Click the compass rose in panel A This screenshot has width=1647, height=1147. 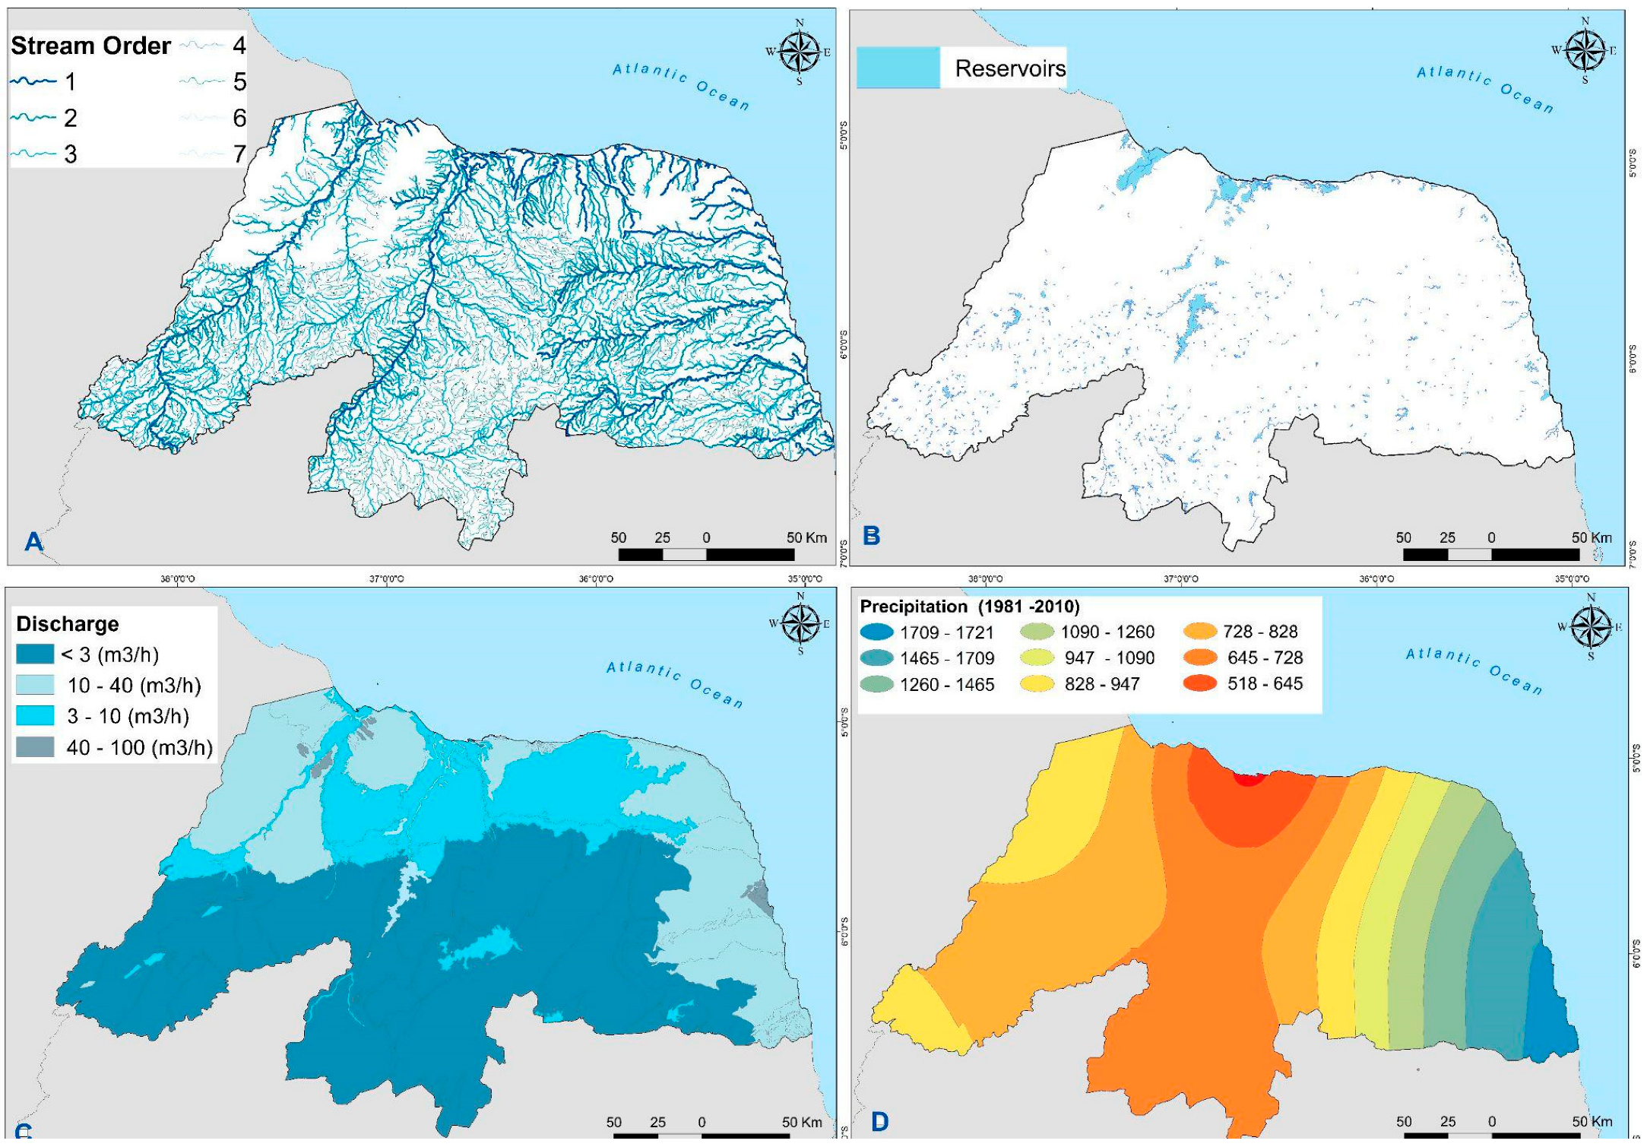pyautogui.click(x=800, y=52)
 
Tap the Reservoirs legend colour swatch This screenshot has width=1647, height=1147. pyautogui.click(x=898, y=68)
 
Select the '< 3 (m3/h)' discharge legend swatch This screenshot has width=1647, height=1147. pyautogui.click(x=35, y=654)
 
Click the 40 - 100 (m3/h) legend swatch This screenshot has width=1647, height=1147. pyautogui.click(x=35, y=747)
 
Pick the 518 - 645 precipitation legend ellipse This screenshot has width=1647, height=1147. pyautogui.click(x=1201, y=683)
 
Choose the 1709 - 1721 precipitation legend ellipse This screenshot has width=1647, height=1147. pyautogui.click(x=876, y=632)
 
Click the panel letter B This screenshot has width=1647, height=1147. pyautogui.click(x=872, y=536)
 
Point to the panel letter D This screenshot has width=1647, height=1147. pyautogui.click(x=879, y=1122)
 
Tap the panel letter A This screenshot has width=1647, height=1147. pyautogui.click(x=33, y=541)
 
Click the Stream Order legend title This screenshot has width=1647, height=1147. pyautogui.click(x=90, y=46)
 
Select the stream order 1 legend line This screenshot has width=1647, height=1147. pyautogui.click(x=33, y=81)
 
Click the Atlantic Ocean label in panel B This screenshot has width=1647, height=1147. pyautogui.click(x=1484, y=88)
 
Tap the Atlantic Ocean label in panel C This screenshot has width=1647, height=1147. pyautogui.click(x=674, y=683)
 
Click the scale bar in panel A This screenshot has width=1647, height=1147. pyautogui.click(x=706, y=554)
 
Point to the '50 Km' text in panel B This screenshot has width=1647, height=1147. pyautogui.click(x=1592, y=537)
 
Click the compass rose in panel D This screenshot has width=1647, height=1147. pyautogui.click(x=1591, y=627)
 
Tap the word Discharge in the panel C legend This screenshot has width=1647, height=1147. pyautogui.click(x=68, y=624)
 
